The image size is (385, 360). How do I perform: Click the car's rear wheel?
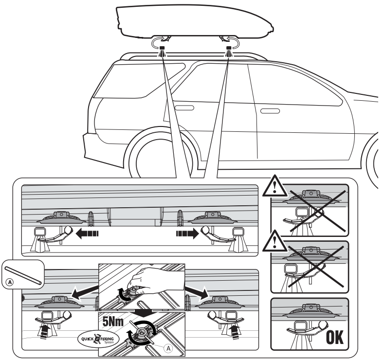[x=154, y=161]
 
